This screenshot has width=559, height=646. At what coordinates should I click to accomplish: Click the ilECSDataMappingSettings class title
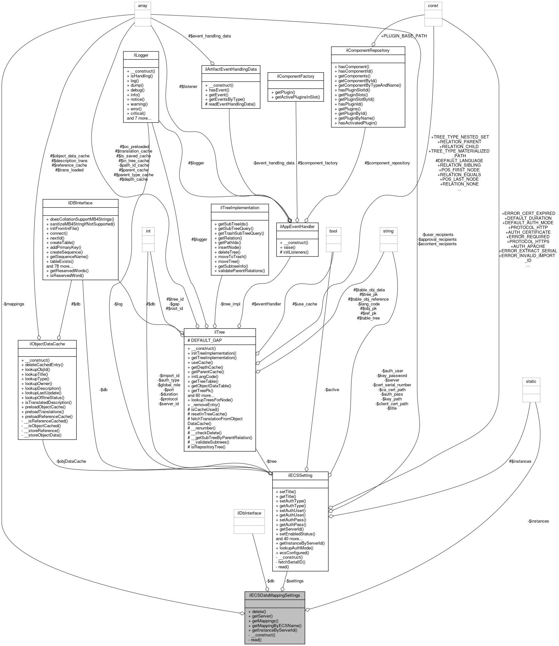[x=275, y=595]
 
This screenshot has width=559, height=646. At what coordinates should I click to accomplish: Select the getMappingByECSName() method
[x=276, y=626]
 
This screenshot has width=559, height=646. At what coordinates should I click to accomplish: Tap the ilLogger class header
[x=141, y=55]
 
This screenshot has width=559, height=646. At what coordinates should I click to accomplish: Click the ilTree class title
[x=220, y=332]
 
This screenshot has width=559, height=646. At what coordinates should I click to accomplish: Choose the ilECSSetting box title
[x=300, y=475]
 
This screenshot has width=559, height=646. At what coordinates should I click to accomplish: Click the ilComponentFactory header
[x=296, y=76]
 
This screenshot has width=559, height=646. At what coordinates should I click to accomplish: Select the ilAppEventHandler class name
[x=297, y=226]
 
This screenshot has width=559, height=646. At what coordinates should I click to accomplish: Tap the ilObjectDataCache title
[x=47, y=344]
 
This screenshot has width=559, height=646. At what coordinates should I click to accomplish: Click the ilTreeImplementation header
[x=240, y=208]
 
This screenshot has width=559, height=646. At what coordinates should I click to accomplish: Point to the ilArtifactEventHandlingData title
[x=230, y=69]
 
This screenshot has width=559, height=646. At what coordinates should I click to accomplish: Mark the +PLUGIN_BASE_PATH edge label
[x=404, y=36]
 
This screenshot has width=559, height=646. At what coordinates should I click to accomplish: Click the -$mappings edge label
[x=13, y=304]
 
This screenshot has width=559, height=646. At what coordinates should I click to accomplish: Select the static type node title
[x=531, y=381]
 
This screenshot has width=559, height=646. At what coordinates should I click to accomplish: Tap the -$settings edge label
[x=294, y=581]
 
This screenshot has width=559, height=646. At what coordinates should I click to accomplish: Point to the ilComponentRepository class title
[x=368, y=50]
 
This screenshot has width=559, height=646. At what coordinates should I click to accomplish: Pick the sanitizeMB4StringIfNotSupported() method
[x=81, y=224]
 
